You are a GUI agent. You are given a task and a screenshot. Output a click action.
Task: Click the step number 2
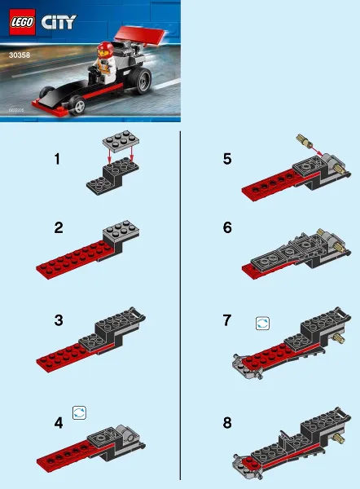[x=59, y=228]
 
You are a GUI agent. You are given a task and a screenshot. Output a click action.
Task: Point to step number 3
[x=59, y=320]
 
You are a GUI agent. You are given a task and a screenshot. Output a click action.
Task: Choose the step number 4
[x=59, y=424]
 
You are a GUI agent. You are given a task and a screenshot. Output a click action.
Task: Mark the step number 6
[x=227, y=228]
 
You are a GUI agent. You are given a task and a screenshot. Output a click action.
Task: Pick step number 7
[x=227, y=320]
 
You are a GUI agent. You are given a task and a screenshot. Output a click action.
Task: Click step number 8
[x=227, y=424]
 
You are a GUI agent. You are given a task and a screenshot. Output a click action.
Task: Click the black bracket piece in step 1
[x=109, y=175]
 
